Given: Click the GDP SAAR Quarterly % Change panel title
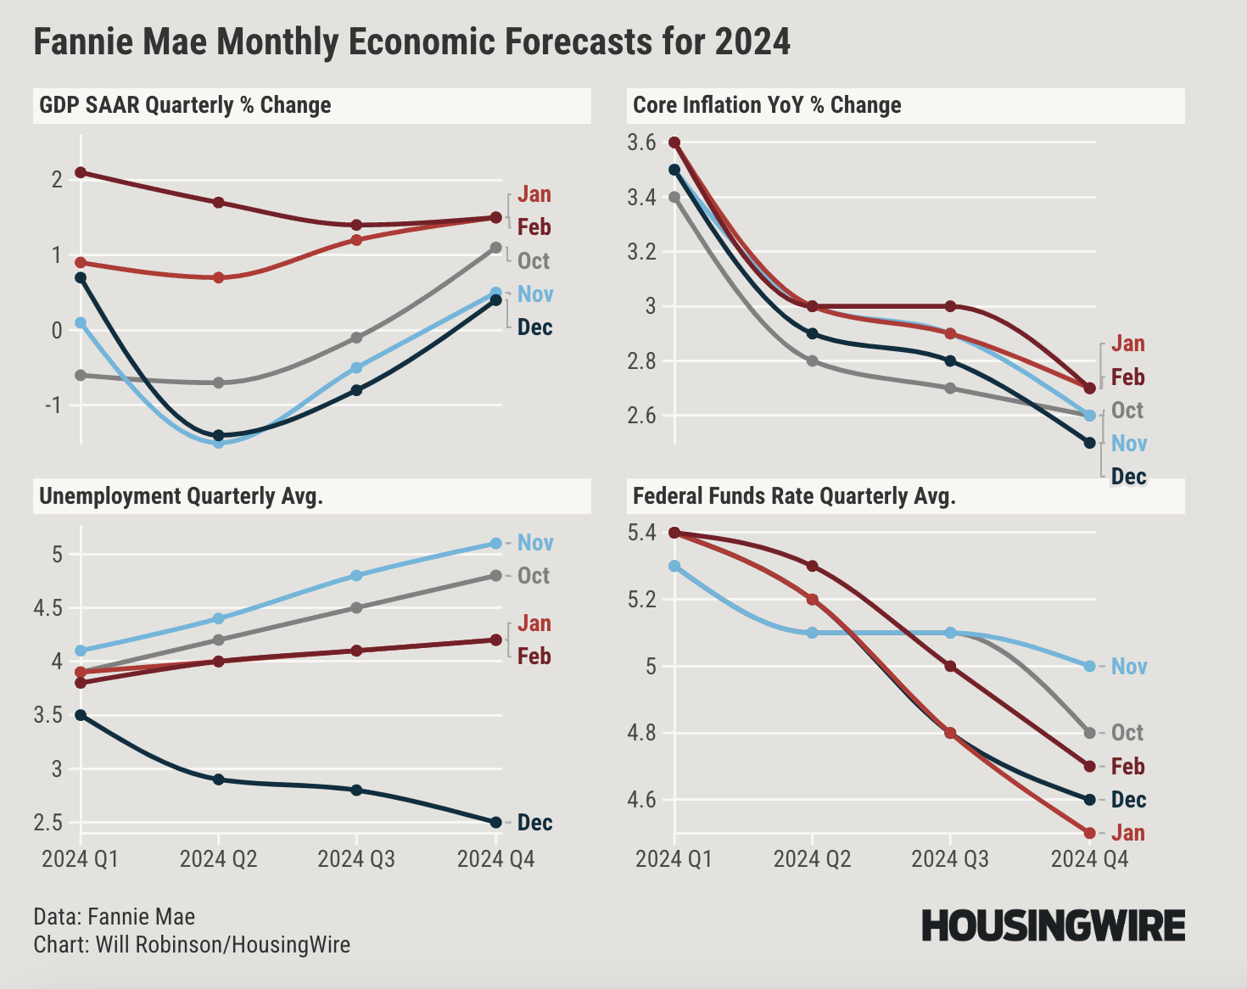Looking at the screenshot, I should tap(185, 106).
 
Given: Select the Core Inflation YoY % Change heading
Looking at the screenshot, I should tap(767, 106).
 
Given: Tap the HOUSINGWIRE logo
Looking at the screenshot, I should tap(1053, 925).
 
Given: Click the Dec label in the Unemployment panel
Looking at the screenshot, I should tap(534, 823).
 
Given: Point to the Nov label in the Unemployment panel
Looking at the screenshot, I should tap(535, 543).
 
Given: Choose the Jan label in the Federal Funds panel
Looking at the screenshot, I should tap(1128, 833).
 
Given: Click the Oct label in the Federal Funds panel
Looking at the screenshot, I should tap(1127, 733).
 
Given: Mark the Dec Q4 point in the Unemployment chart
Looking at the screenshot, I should tap(496, 822).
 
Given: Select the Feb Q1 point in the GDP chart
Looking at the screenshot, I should tap(81, 173).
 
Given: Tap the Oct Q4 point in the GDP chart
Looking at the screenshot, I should tap(496, 248).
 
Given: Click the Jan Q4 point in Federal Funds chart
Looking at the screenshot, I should tap(1090, 833).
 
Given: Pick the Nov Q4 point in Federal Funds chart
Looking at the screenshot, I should tap(1090, 666).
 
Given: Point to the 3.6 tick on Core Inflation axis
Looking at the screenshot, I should tap(642, 142).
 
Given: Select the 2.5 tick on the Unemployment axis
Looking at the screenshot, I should tap(48, 823).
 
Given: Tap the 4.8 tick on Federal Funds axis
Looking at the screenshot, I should tap(642, 733).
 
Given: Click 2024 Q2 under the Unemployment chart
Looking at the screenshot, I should tap(218, 859).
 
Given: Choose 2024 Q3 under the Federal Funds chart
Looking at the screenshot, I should tap(950, 859).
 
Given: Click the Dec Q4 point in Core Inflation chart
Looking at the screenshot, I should tap(1090, 443).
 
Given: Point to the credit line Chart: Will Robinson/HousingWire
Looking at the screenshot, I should tap(192, 945).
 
